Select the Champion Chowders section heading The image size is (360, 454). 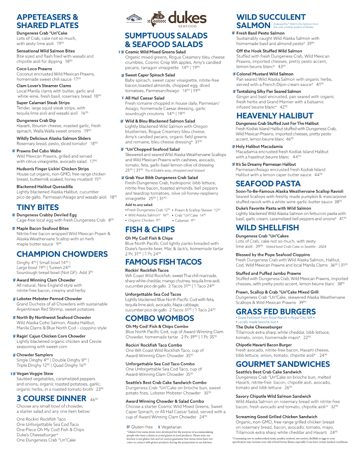[x=62, y=254]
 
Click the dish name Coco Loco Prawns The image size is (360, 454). [x=34, y=69]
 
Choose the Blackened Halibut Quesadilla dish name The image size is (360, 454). [x=45, y=187]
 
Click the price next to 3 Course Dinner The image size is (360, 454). [x=94, y=399]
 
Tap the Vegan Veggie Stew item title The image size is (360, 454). [x=35, y=373]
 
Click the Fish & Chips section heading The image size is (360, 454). [x=150, y=229]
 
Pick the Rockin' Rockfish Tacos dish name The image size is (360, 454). [x=147, y=271]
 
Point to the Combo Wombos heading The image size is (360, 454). [x=160, y=318]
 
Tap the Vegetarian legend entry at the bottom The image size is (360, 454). [x=169, y=427]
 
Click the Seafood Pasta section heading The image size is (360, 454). [x=268, y=184]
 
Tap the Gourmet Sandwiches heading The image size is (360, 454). [x=282, y=364]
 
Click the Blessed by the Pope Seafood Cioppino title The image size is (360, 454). [x=274, y=255]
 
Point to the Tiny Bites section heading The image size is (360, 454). [x=38, y=207]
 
